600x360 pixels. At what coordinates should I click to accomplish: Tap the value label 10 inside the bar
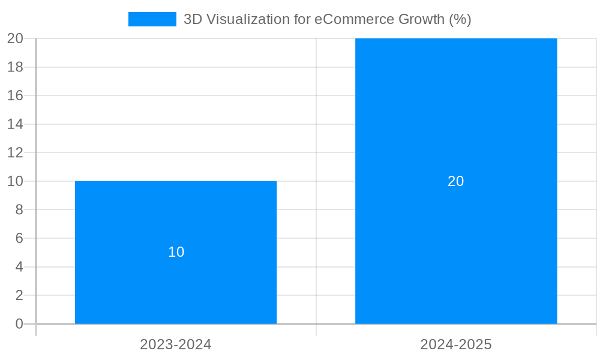[x=176, y=252]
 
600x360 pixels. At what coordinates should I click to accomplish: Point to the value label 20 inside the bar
[x=456, y=181]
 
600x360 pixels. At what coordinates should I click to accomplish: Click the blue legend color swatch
[x=152, y=19]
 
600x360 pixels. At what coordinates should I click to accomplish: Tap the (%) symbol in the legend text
[x=460, y=19]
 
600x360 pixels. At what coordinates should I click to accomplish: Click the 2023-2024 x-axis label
[x=176, y=344]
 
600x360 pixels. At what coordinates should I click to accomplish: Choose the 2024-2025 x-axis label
[x=456, y=344]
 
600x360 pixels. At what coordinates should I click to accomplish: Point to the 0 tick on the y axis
[x=19, y=324]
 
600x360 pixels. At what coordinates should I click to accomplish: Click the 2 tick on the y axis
[x=19, y=295]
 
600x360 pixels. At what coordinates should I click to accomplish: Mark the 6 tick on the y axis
[x=19, y=238]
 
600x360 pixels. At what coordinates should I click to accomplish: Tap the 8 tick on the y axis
[x=19, y=209]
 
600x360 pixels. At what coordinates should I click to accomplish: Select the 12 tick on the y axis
[x=15, y=152]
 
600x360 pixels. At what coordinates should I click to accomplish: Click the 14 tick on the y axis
[x=15, y=124]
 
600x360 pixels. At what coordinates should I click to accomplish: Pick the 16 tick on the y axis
[x=15, y=95]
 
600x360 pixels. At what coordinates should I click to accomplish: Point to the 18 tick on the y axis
[x=15, y=67]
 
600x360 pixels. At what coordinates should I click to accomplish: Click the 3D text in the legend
[x=193, y=19]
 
